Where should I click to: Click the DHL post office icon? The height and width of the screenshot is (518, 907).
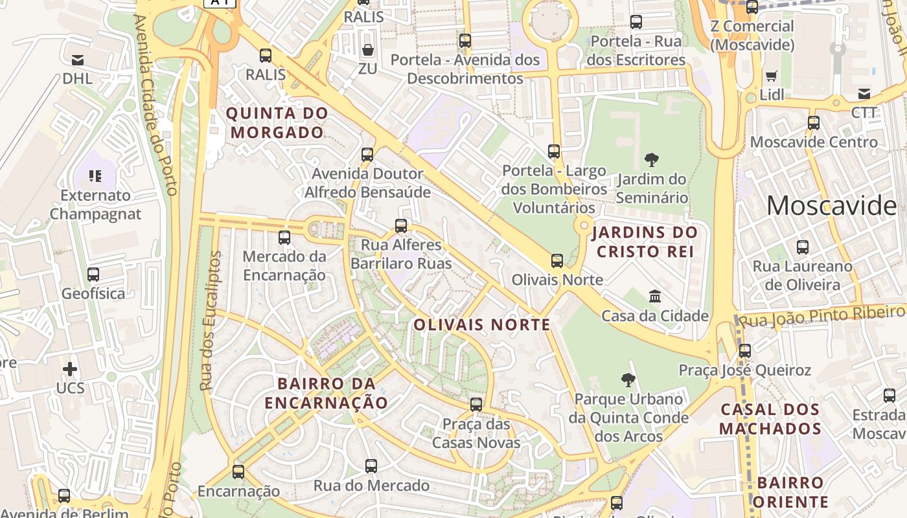pos(78,60)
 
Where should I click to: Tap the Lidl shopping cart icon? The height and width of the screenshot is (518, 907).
pos(771,76)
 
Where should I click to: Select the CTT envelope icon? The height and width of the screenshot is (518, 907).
pos(864,94)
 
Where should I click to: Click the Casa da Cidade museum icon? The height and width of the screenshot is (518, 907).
pos(655,297)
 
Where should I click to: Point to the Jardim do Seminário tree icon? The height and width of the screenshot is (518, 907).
pos(652,159)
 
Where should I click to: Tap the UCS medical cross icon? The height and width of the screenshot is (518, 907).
pos(70,369)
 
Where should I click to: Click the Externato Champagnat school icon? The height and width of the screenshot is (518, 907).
pos(95,175)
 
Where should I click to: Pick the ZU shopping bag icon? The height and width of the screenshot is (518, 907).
pos(367,50)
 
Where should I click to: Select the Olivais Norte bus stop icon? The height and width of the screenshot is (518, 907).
pos(557,261)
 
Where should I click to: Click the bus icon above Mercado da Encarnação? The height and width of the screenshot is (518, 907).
pos(284,238)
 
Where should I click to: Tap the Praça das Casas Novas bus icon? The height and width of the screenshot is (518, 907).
pos(476,405)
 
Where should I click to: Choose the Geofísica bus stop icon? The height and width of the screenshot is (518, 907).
pos(93,275)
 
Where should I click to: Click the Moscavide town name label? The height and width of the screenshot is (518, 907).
pos(831,206)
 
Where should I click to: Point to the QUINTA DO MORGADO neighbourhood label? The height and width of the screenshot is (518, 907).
pos(277,123)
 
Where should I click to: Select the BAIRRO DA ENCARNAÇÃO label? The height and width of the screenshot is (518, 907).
pos(327,393)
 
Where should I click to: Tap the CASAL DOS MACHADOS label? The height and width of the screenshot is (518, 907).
pos(770,419)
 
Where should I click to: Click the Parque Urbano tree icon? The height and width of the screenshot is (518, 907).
pos(628,380)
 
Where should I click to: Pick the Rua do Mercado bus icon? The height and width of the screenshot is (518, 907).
pos(371,466)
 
